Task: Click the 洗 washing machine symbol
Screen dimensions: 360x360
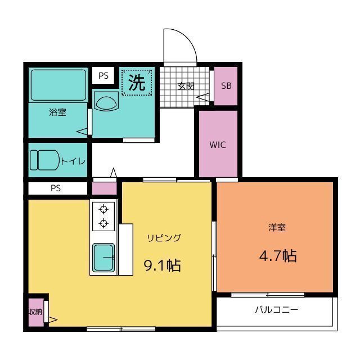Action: (x=137, y=83)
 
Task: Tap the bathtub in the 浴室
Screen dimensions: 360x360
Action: (x=58, y=85)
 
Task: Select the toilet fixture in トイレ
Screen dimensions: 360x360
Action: (x=45, y=160)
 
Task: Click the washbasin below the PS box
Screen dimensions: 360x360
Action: (x=106, y=102)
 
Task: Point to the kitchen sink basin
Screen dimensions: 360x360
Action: (x=103, y=258)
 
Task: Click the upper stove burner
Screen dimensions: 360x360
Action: (x=103, y=209)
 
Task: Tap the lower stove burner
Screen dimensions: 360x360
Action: (x=103, y=223)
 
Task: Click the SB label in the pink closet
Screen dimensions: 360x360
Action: (x=226, y=85)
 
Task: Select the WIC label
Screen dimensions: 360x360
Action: (x=218, y=145)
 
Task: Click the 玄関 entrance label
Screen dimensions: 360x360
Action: (x=186, y=86)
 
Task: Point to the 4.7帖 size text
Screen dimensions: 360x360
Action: (x=278, y=256)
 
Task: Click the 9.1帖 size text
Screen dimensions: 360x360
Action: (x=162, y=265)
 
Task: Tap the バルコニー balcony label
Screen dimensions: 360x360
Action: (x=277, y=310)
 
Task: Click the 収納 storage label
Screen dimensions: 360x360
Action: (x=35, y=312)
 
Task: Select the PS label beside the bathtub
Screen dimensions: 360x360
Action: (x=103, y=75)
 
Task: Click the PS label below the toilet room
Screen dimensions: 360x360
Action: (x=56, y=188)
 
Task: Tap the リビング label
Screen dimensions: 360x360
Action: (x=164, y=238)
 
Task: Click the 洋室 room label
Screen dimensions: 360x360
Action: (x=277, y=227)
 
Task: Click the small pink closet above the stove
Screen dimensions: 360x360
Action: (x=105, y=188)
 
